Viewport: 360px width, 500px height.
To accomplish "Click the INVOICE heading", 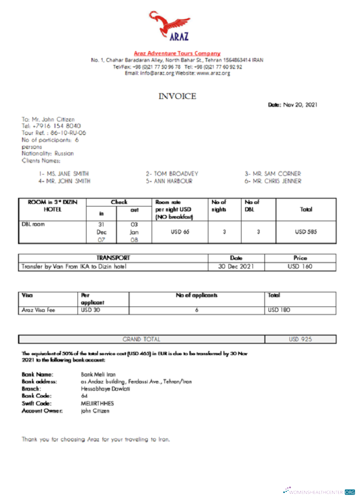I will [x=177, y=96].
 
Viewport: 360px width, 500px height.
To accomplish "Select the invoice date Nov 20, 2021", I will [x=300, y=104].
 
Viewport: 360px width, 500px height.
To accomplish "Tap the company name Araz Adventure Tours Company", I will [x=177, y=53].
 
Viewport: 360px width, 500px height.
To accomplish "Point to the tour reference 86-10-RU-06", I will [x=68, y=133].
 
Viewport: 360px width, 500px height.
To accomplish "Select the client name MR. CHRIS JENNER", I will [x=273, y=181].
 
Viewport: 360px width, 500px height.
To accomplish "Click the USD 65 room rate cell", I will [x=180, y=231].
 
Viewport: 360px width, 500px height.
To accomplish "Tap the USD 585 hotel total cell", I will [x=306, y=231].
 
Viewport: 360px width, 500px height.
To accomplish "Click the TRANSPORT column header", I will [x=113, y=258].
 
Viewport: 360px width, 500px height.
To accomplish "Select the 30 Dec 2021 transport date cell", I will [x=236, y=266].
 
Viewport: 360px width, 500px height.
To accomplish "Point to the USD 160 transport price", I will [x=300, y=266].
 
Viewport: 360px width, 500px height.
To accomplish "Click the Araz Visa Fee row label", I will [x=38, y=310].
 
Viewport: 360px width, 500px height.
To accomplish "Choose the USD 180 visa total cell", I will [x=279, y=310].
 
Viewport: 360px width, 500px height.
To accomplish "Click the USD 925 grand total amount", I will [x=300, y=339].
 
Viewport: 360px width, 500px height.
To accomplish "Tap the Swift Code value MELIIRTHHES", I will [x=97, y=403].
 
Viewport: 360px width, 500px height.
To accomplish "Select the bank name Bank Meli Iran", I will [x=98, y=374].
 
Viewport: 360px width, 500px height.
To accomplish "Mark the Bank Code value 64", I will [x=84, y=395].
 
